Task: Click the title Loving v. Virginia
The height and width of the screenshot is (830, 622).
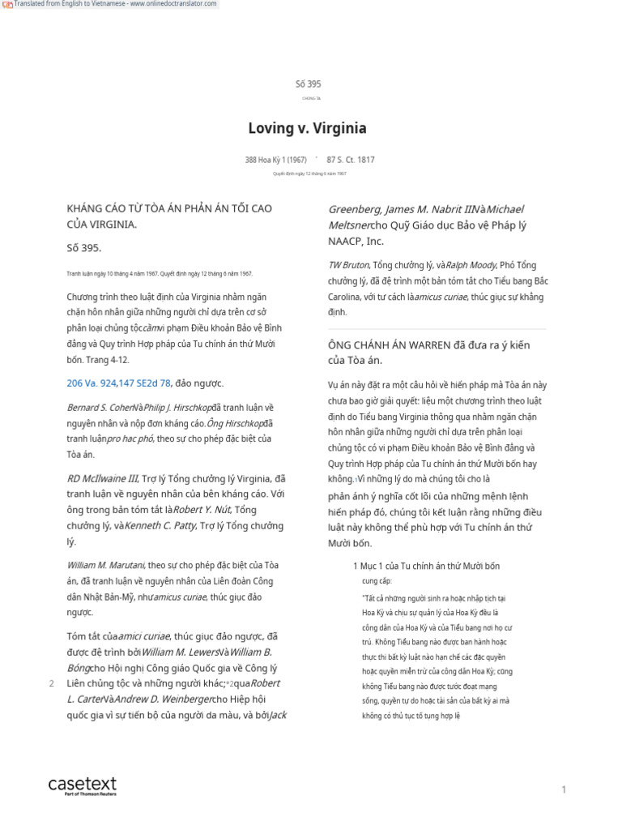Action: tap(307, 128)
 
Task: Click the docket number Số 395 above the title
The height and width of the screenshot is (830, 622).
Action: tap(308, 83)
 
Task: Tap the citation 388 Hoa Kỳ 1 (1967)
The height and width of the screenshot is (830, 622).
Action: tap(275, 160)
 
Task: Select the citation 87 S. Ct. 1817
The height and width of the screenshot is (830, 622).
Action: tap(351, 160)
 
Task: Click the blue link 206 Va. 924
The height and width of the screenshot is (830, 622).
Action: tap(91, 383)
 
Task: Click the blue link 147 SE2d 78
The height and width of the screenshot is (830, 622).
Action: tap(143, 383)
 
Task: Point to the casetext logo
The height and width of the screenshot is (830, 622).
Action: tap(82, 785)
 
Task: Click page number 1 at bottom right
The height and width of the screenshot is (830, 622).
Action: tap(564, 789)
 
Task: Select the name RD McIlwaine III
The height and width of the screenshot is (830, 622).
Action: tap(103, 478)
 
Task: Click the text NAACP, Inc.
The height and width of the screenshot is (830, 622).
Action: tap(356, 241)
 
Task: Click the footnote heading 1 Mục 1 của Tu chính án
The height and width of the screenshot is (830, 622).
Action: tap(426, 565)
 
